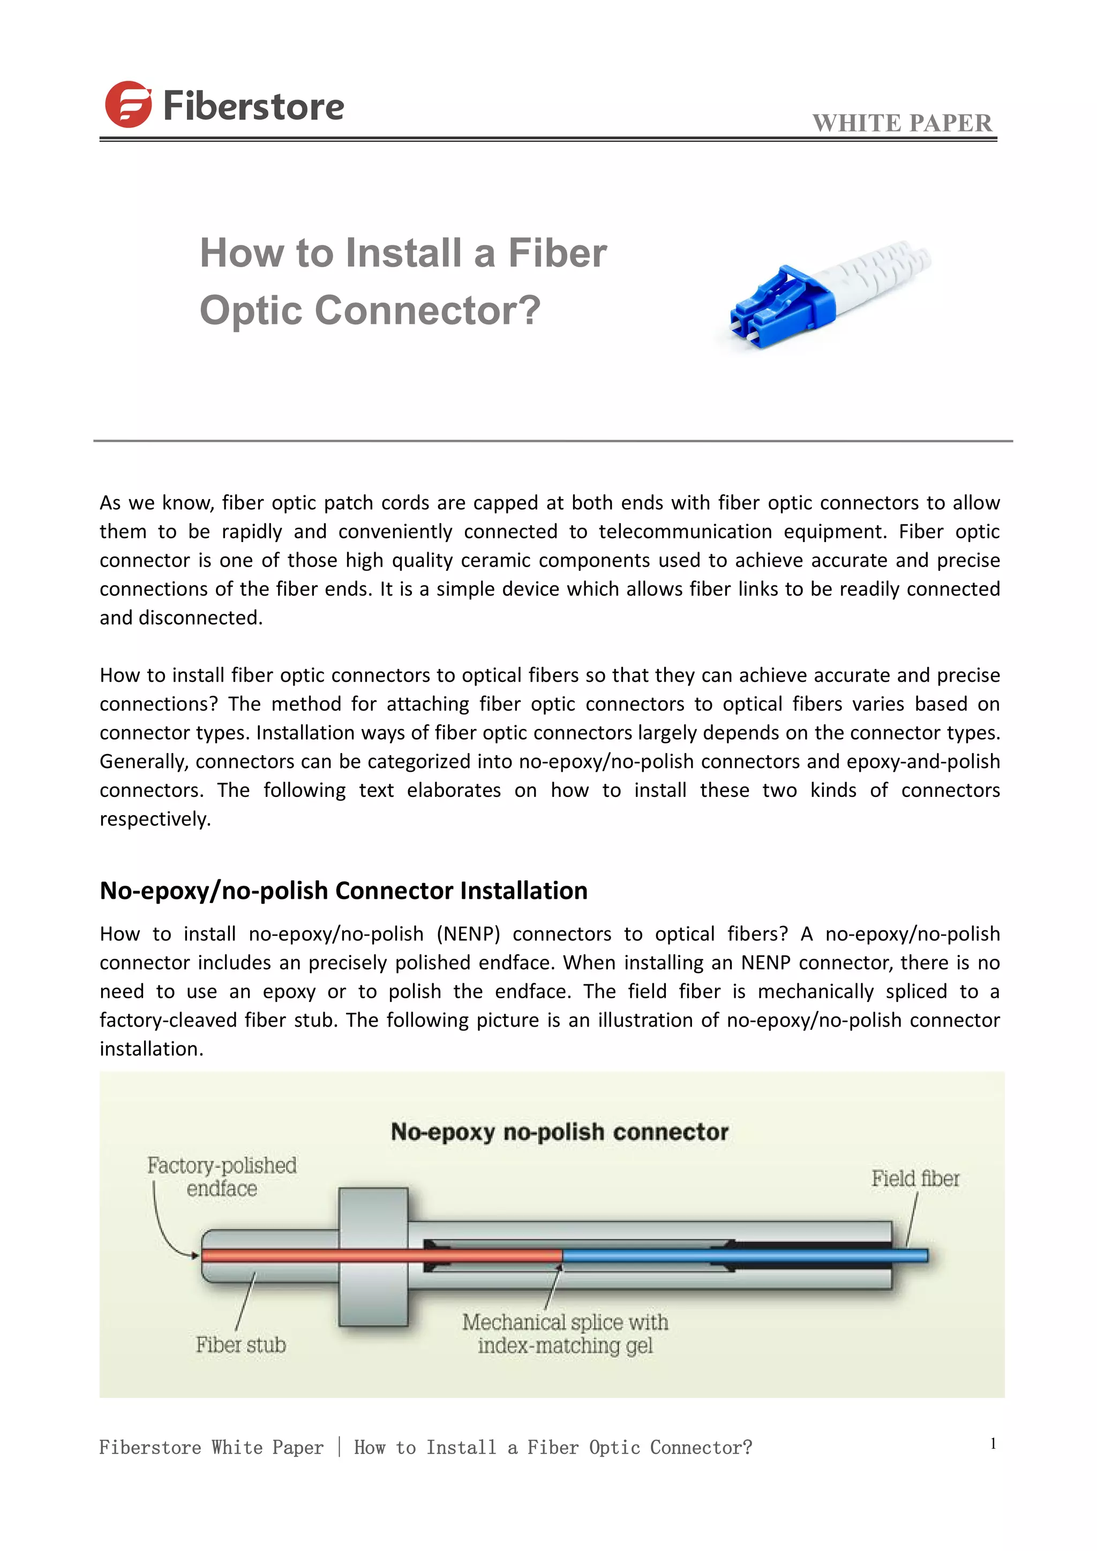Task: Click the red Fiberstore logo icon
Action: coord(127,105)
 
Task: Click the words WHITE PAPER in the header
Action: coord(902,124)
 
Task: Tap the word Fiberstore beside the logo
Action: coord(253,107)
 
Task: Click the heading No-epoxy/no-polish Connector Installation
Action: coord(343,890)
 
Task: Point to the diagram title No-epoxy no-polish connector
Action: coord(559,1132)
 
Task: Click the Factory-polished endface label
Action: coord(222,1176)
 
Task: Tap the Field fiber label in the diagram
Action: coord(915,1179)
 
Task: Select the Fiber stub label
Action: coord(241,1345)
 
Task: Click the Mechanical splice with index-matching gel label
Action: coord(565,1334)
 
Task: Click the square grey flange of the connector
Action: coord(373,1256)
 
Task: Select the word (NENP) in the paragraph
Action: coord(468,934)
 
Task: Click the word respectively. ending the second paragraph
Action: coord(155,819)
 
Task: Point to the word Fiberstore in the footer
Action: coord(150,1448)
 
